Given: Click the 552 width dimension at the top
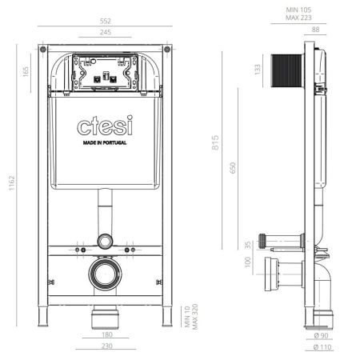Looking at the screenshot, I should tap(106, 18).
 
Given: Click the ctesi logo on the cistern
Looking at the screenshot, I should tap(106, 126).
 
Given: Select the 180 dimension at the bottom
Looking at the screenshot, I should tap(106, 336).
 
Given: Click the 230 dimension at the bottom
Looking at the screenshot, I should tap(106, 346).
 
